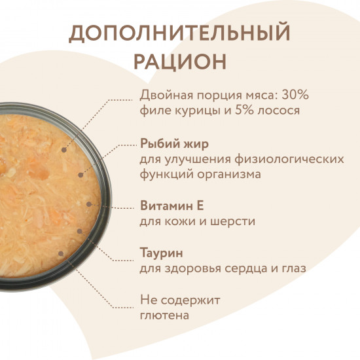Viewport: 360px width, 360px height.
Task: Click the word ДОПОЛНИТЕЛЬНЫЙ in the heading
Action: [x=179, y=33]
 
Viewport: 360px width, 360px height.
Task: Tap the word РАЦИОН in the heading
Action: [x=179, y=62]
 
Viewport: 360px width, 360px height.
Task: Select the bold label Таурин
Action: [x=161, y=252]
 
